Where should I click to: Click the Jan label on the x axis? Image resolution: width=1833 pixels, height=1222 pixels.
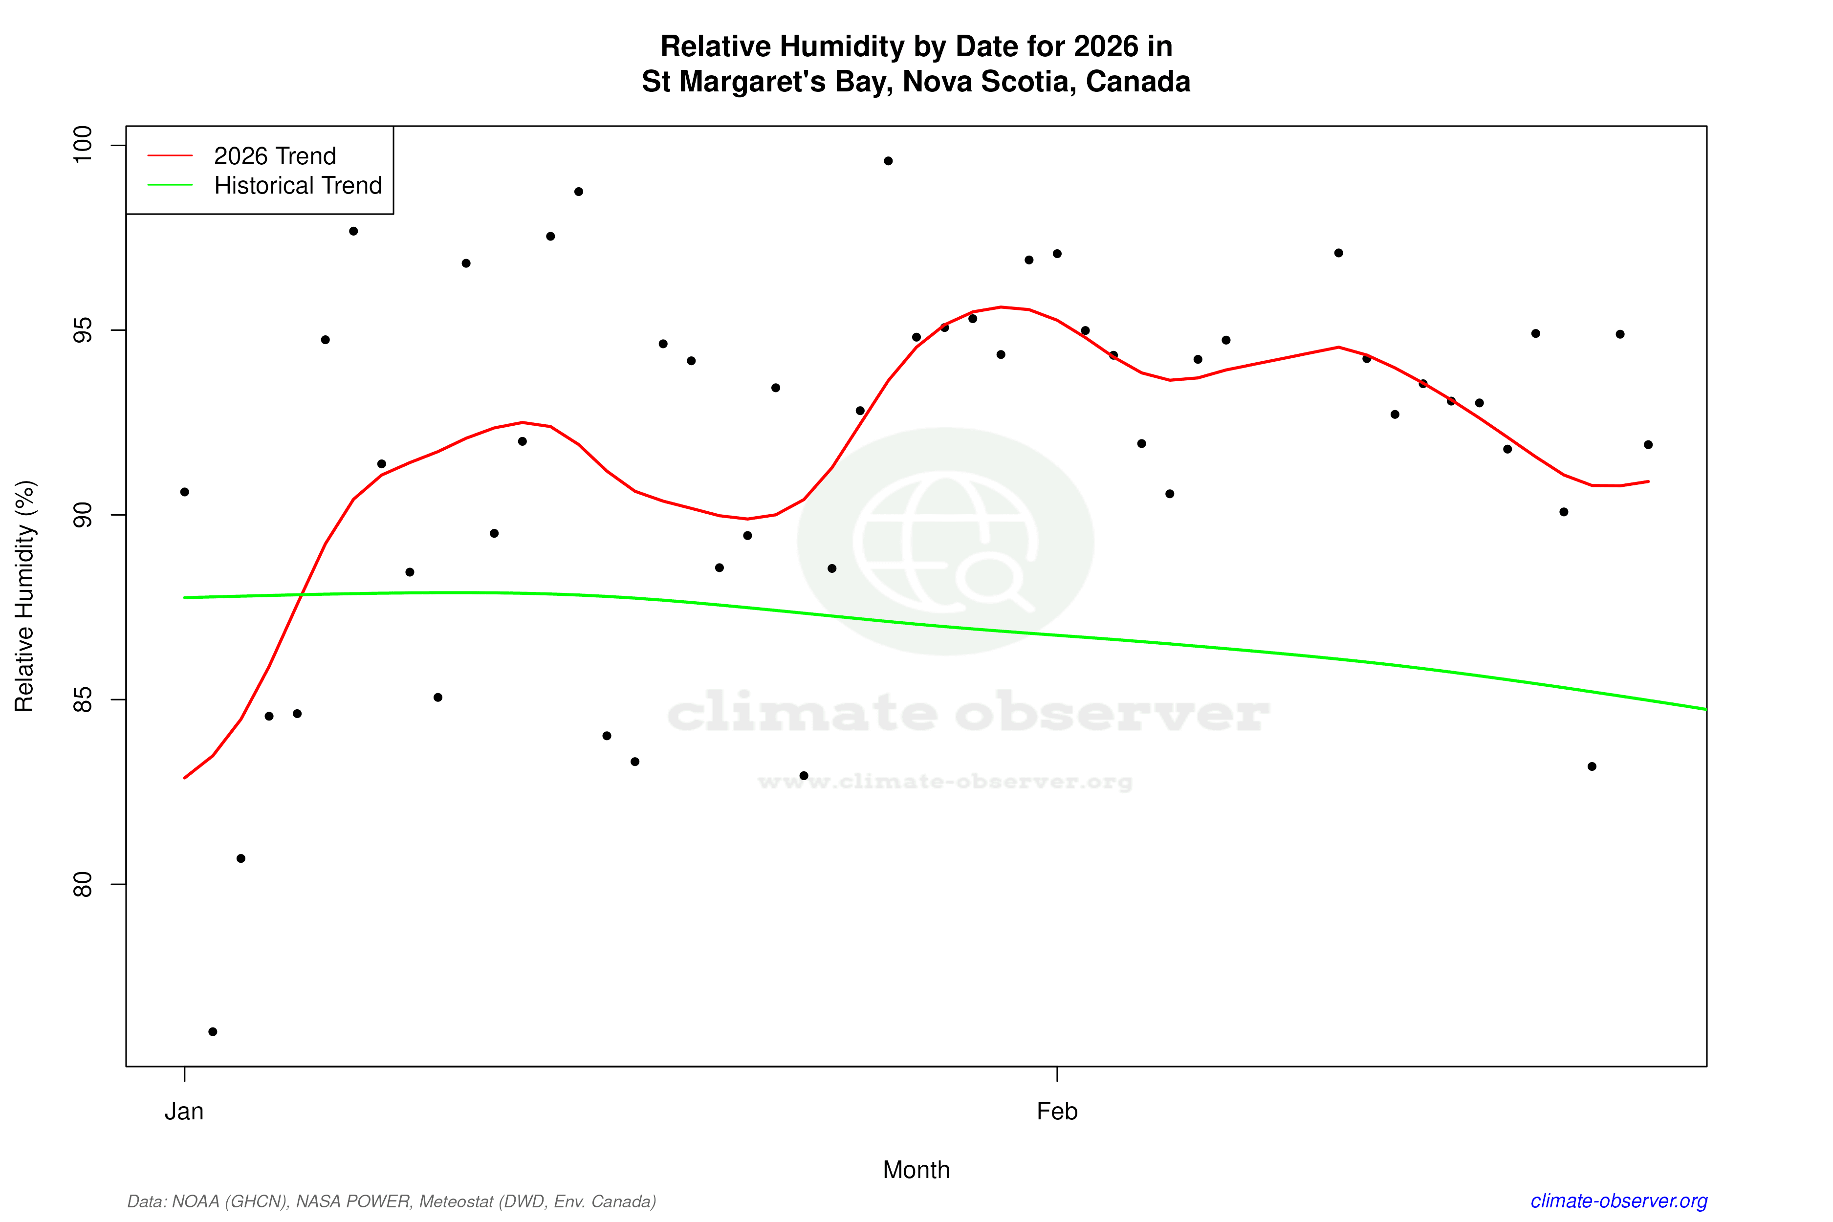coord(184,1112)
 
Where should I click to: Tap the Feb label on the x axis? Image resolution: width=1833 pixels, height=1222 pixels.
coord(1057,1112)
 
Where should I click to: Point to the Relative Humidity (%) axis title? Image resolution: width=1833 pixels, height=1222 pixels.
coord(25,596)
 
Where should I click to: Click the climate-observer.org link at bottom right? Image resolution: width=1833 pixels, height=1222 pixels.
coord(1619,1201)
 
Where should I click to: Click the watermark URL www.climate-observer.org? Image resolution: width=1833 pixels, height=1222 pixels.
coord(945,782)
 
